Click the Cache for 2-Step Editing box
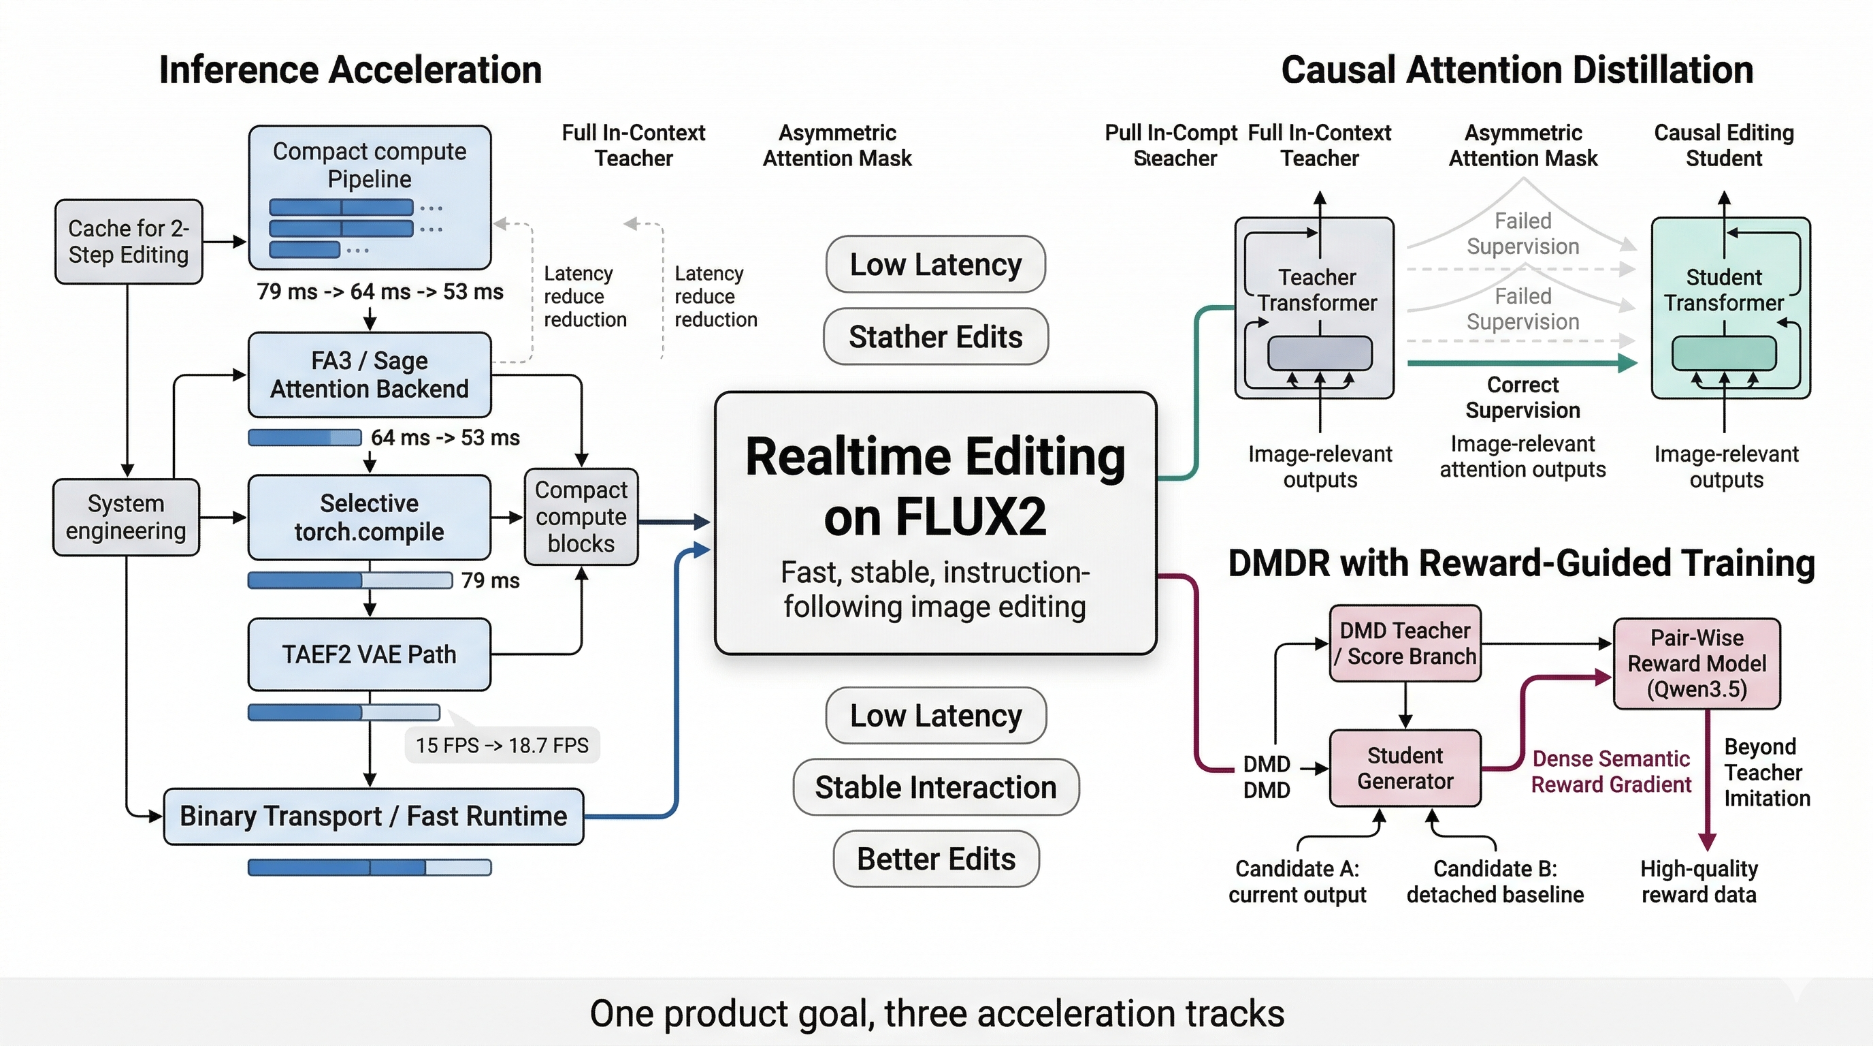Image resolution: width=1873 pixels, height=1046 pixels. [x=129, y=242]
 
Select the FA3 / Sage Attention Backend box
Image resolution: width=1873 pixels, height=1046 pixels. [x=370, y=375]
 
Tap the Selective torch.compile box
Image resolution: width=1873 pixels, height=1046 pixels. [x=370, y=517]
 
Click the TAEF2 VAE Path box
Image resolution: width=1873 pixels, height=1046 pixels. [x=370, y=654]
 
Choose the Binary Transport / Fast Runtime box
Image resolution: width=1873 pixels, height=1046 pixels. [x=373, y=816]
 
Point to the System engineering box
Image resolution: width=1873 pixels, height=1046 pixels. [x=126, y=517]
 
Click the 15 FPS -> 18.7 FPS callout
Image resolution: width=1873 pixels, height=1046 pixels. [x=502, y=746]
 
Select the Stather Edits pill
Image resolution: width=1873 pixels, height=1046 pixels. [x=935, y=337]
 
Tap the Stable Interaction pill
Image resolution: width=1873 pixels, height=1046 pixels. [x=935, y=787]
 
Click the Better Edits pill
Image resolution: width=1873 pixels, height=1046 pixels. [x=935, y=859]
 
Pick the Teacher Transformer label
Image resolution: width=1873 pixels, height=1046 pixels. [x=1317, y=290]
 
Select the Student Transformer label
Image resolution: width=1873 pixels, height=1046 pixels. [x=1723, y=290]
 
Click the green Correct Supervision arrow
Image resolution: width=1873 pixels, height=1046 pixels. [x=1520, y=362]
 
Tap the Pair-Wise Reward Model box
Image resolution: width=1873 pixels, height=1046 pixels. [x=1696, y=663]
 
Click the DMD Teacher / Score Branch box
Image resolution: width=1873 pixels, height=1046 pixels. [x=1405, y=644]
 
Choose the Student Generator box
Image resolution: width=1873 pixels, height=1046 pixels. [x=1405, y=768]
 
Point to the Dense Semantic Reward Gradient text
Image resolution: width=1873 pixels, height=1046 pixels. [x=1610, y=772]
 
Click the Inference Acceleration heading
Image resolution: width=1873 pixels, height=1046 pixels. [x=351, y=71]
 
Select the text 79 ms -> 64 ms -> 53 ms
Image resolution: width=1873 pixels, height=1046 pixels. [x=380, y=291]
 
